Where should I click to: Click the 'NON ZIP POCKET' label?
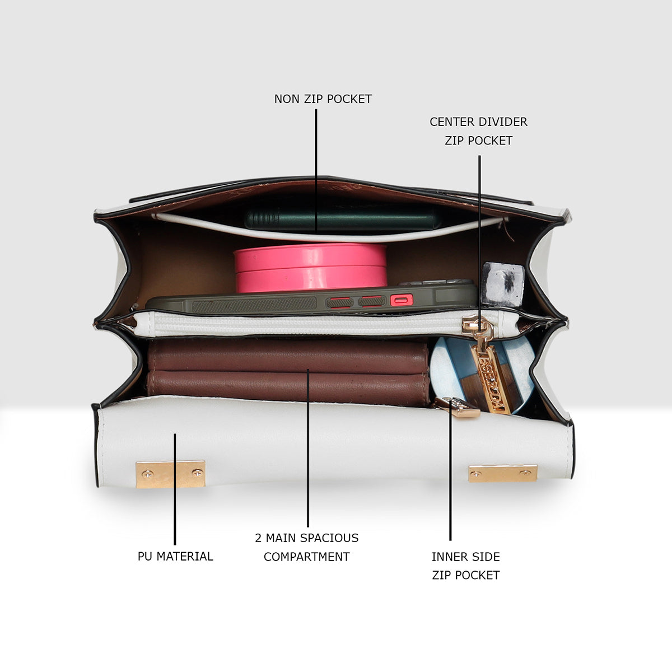point(323,99)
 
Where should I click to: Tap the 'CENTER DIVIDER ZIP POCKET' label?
point(478,131)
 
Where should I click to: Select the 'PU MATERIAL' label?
point(175,556)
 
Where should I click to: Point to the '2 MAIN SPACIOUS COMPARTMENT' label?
point(307,547)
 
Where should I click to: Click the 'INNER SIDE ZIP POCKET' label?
point(466,566)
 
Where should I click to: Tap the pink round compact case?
point(310,268)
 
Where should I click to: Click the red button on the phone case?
point(402,300)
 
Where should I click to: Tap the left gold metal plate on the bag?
point(171,474)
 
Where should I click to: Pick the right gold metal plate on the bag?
point(502,473)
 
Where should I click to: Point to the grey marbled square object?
point(502,284)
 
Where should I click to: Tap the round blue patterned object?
point(482,375)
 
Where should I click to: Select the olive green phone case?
point(312,298)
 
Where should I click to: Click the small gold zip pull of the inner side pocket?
point(458,407)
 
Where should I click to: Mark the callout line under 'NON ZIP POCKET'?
point(316,171)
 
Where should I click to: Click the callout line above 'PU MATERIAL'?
point(175,489)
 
